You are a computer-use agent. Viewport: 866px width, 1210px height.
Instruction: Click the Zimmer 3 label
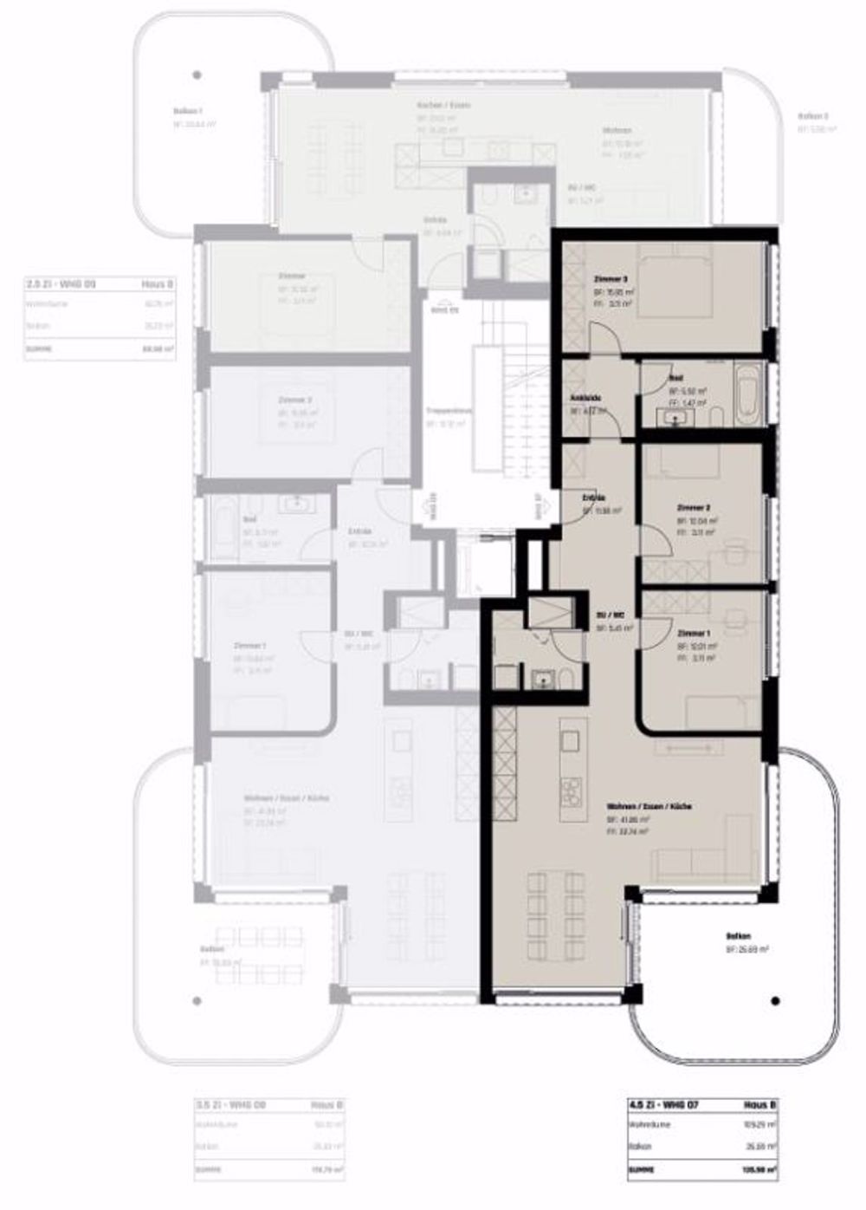point(611,280)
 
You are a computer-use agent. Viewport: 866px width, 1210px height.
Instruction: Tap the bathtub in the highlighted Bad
point(746,394)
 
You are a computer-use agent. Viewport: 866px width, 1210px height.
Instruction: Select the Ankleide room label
point(586,398)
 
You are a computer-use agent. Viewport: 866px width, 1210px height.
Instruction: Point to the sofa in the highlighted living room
point(701,862)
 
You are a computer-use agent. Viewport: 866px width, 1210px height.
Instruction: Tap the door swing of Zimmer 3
point(604,338)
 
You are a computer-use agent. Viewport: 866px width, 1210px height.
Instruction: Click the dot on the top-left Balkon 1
point(198,75)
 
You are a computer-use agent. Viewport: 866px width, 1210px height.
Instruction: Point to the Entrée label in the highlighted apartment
point(593,499)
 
